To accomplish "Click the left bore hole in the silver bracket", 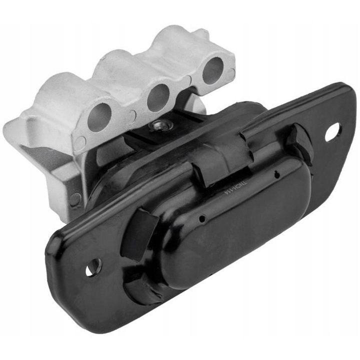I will click(x=99, y=116).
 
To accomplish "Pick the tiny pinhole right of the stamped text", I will click(x=276, y=175).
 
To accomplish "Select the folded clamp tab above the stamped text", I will click(x=220, y=155).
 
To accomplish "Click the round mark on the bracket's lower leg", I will click(x=75, y=200).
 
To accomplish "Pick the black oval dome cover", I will click(x=235, y=220).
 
